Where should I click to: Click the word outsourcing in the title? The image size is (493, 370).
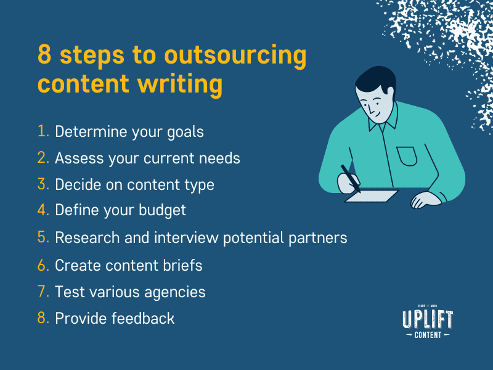coord(235,56)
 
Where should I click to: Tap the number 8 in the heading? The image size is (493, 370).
coord(44,55)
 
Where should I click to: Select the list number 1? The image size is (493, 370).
coord(43,131)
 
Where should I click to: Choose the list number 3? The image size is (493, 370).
coord(43,184)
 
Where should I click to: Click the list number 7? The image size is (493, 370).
coord(43,291)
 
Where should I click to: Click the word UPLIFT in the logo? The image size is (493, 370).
coord(427,320)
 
